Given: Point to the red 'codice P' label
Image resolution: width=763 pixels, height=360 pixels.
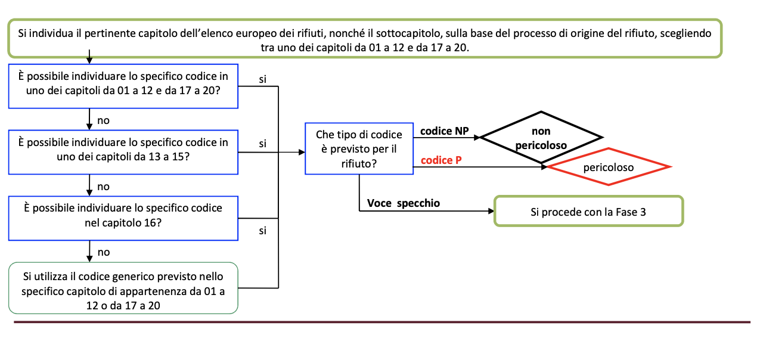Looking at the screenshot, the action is point(441,160).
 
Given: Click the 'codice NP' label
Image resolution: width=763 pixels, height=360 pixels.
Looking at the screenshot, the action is point(444,131).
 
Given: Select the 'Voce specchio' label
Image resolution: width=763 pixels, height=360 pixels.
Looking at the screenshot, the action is point(404,203).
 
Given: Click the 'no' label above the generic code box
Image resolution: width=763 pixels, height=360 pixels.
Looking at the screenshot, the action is point(104,252).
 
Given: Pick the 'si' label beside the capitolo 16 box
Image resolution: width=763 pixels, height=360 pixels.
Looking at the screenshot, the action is point(262,231).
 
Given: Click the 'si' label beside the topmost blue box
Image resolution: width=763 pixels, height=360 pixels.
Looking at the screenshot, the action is point(262,79).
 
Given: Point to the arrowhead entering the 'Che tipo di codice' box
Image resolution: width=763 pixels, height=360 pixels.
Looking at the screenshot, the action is point(302,152).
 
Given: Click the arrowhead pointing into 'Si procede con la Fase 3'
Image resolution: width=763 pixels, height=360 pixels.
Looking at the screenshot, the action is point(491,211).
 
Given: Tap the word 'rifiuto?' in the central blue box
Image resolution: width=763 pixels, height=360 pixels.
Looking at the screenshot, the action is point(359,164).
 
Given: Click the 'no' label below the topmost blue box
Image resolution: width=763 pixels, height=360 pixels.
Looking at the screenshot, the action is point(103,120).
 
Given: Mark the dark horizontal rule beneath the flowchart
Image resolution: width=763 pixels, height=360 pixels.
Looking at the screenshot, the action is point(382,322).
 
